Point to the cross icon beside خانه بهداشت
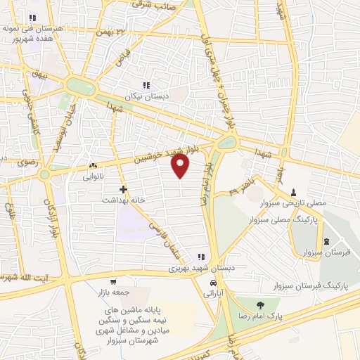(x=123, y=189)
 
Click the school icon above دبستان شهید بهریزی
(x=201, y=257)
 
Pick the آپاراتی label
(x=211, y=294)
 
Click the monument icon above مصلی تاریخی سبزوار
(x=293, y=192)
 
